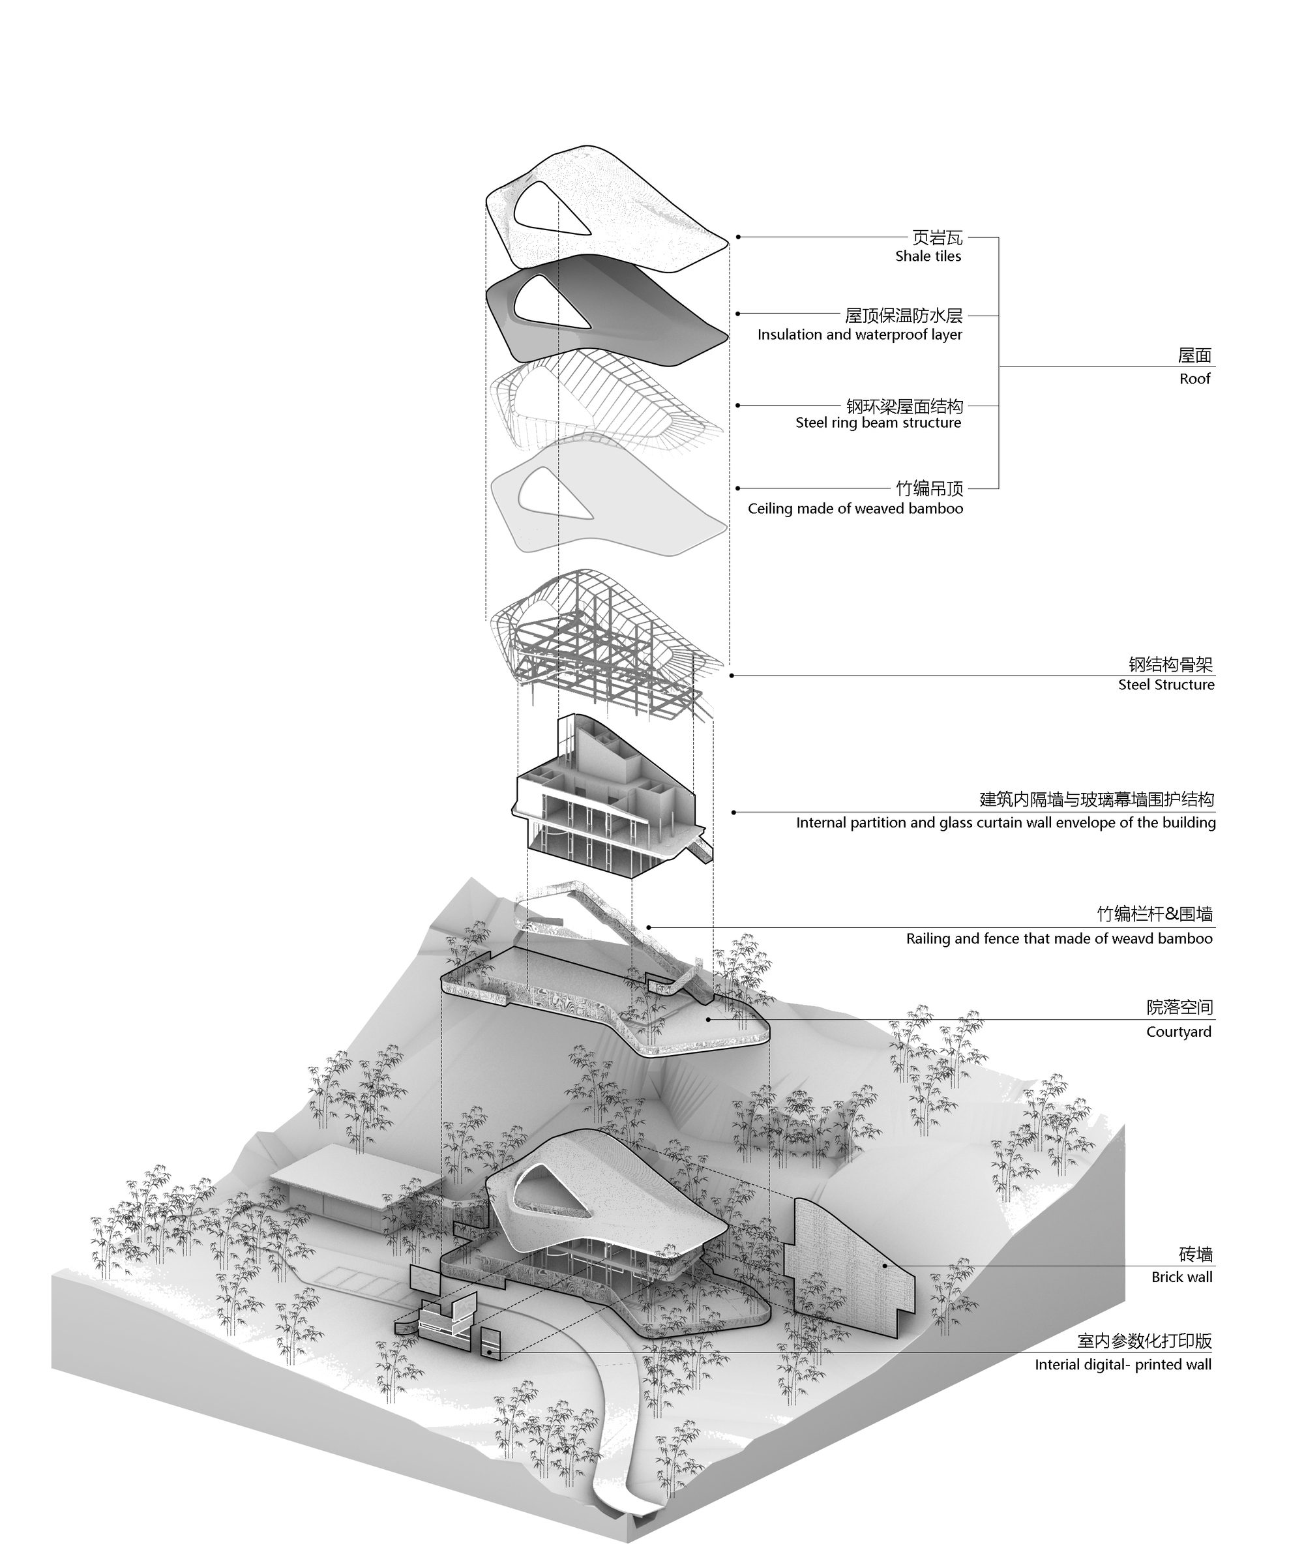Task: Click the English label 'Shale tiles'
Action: [928, 256]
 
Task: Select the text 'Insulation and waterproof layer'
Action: [860, 335]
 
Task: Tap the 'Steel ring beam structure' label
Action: [878, 423]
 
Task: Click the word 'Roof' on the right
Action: [1194, 379]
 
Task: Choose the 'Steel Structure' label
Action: [1166, 685]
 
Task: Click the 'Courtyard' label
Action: [1179, 1032]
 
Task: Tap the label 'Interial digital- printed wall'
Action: [1123, 1365]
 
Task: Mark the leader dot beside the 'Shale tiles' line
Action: [739, 237]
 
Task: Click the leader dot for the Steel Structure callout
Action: [732, 675]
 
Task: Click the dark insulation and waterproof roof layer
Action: [607, 313]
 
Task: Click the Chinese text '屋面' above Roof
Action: [1194, 356]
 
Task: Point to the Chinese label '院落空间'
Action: [1179, 1007]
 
